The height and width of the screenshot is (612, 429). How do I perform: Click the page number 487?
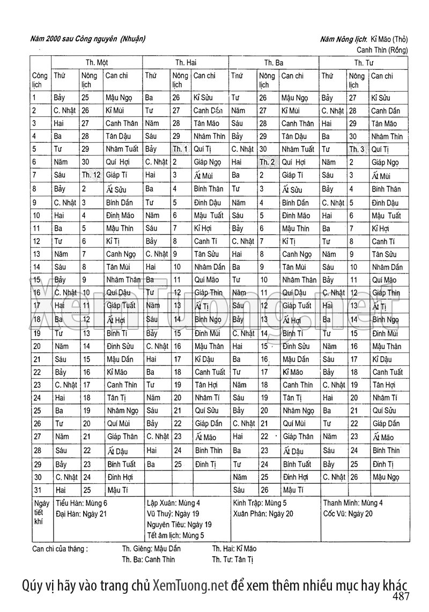[401, 596]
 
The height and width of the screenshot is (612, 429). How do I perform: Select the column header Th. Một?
[97, 63]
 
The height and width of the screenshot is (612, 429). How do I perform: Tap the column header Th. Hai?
[186, 63]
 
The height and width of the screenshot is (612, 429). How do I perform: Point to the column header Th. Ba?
[273, 63]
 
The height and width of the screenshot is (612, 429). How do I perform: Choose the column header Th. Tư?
[364, 63]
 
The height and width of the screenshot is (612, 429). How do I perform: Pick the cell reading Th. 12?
[91, 175]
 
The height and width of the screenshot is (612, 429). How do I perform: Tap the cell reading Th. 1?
[181, 149]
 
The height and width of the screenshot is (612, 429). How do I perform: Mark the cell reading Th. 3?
[357, 149]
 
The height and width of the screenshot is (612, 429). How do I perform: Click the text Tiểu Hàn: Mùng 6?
[82, 503]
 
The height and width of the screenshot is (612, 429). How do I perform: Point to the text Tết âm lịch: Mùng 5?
[175, 535]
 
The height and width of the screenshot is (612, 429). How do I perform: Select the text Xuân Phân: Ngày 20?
[263, 514]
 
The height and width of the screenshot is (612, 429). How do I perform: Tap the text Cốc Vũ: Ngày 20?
[347, 514]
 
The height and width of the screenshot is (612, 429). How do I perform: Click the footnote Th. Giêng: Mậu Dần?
[151, 549]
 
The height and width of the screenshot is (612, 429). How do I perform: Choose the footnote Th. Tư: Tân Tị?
[232, 559]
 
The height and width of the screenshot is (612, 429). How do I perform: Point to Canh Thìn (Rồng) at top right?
[382, 50]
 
